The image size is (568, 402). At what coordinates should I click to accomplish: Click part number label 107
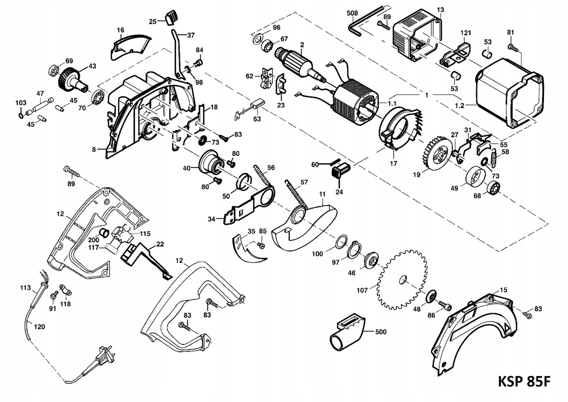click(x=362, y=290)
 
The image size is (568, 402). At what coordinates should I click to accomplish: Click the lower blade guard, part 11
click(x=305, y=224)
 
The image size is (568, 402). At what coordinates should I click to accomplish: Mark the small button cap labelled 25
click(x=170, y=17)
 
